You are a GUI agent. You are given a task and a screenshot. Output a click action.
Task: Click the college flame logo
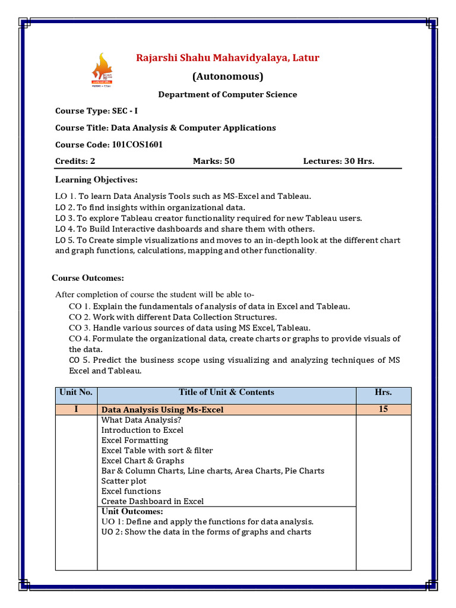(x=102, y=70)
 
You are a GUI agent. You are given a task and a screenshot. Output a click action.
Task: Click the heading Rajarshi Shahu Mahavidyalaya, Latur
(x=227, y=58)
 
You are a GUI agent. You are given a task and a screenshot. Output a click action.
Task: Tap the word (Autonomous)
(x=227, y=77)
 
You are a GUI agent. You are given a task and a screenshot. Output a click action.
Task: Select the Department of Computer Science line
(x=227, y=94)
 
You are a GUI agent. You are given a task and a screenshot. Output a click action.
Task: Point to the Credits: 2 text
(x=75, y=161)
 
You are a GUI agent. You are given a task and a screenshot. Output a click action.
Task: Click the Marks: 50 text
(x=214, y=161)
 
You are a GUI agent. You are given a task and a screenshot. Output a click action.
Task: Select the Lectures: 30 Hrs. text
(x=338, y=161)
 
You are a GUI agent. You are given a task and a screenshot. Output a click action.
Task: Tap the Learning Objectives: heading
(x=96, y=179)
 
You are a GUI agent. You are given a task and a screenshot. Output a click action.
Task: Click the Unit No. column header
(x=76, y=392)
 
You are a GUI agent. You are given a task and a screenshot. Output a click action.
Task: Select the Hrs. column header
(x=383, y=392)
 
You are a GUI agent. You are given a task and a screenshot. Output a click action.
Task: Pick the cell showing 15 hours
(x=383, y=409)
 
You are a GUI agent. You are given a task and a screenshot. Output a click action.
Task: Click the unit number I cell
(x=76, y=409)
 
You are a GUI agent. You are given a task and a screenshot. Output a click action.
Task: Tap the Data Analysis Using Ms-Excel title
(x=163, y=410)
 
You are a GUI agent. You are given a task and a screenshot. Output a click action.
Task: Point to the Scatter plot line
(x=123, y=481)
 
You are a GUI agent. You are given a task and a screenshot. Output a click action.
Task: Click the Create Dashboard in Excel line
(x=152, y=501)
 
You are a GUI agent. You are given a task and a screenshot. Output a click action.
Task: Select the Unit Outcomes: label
(x=132, y=511)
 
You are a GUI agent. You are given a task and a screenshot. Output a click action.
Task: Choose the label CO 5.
(x=78, y=360)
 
